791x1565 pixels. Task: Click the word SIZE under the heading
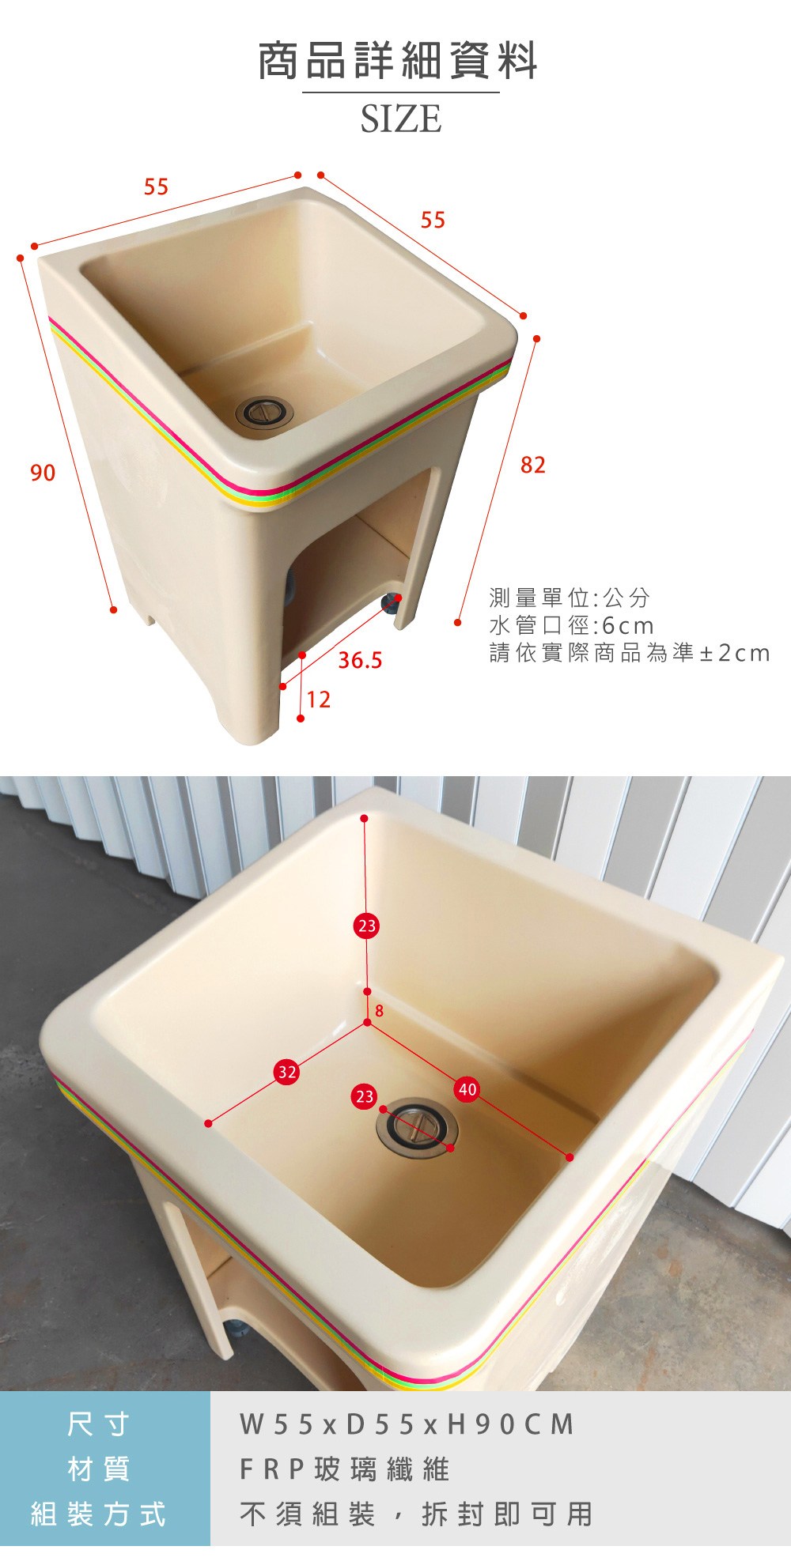pos(401,119)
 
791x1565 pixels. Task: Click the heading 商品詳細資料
pos(399,61)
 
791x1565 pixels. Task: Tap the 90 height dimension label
pos(43,473)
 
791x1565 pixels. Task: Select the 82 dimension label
pos(533,465)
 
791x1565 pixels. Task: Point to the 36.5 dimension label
pos(361,660)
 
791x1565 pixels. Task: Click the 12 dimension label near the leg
pos(319,700)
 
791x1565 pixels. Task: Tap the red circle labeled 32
pos(286,1073)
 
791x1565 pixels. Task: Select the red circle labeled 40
pos(467,1090)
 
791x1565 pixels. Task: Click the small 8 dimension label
pos(380,1011)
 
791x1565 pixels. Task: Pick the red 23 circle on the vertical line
pos(367,926)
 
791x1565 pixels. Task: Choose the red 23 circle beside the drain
pos(365,1096)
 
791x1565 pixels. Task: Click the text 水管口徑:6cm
pos(572,626)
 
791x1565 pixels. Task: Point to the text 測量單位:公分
pos(570,598)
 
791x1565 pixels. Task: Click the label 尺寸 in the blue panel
pos(98,1424)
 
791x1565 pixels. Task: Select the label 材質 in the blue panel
pos(98,1469)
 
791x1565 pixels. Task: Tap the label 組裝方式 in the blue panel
pos(98,1514)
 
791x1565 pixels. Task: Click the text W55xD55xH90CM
pos(407,1424)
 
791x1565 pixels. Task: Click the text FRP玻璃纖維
pos(345,1469)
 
